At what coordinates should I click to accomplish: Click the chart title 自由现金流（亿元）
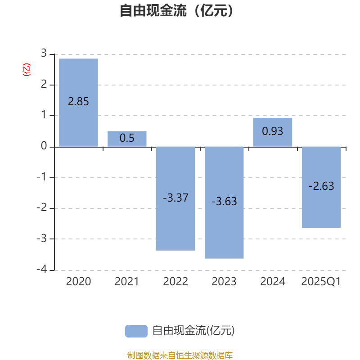pos(176,10)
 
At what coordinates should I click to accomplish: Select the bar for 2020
pos(78,103)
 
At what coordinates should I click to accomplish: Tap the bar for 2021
pos(127,139)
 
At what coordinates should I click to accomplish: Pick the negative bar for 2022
pos(175,198)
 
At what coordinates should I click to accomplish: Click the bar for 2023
pos(224,203)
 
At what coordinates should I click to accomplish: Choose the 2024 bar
pos(273,132)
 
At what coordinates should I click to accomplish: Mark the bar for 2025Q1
pos(321,187)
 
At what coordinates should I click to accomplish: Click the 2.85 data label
pos(78,102)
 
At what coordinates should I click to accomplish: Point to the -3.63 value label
pos(224,201)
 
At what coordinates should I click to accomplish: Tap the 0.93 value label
pos(273,131)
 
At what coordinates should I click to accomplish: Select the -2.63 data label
pos(321,186)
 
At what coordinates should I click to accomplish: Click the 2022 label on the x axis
pos(175,282)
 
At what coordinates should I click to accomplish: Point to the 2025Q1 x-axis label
pos(321,282)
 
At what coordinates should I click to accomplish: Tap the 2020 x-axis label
pos(78,282)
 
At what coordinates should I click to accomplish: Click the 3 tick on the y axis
pos(44,53)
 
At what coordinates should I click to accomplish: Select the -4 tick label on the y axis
pos(42,269)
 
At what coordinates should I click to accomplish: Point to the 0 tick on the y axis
pos(44,146)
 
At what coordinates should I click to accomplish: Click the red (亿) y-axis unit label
pos(27,70)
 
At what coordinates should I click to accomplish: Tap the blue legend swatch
pos(136,331)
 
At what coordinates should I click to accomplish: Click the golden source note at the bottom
pos(180,355)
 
